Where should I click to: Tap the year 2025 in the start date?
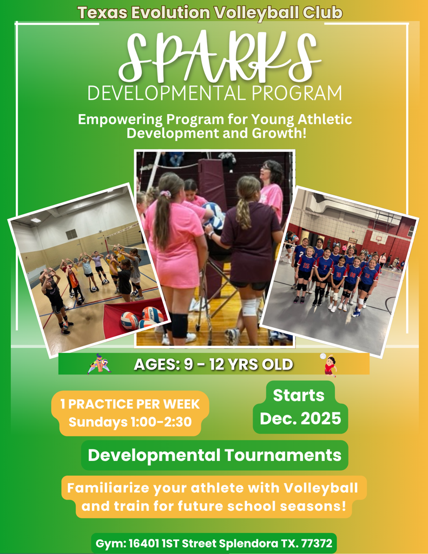coord(321,418)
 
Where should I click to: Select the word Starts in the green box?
coord(299,395)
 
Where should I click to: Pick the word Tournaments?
coord(283,455)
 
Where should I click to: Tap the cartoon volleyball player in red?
coord(330,365)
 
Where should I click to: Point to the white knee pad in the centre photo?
coord(249,307)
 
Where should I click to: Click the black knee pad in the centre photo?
coord(180,325)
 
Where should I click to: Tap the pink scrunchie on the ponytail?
coord(165,193)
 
